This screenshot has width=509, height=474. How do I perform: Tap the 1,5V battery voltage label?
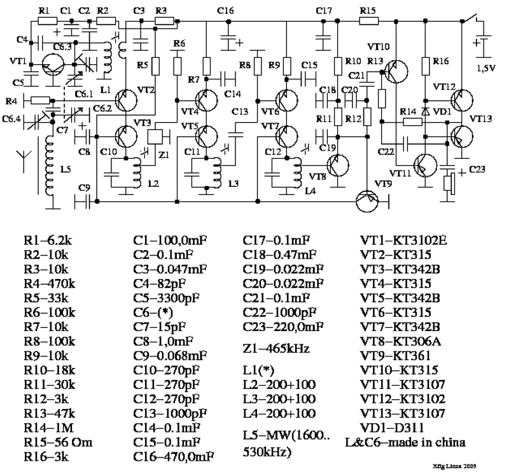tap(486, 68)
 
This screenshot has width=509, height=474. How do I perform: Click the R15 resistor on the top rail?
tap(367, 21)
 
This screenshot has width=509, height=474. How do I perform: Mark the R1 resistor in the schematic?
tap(47, 21)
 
